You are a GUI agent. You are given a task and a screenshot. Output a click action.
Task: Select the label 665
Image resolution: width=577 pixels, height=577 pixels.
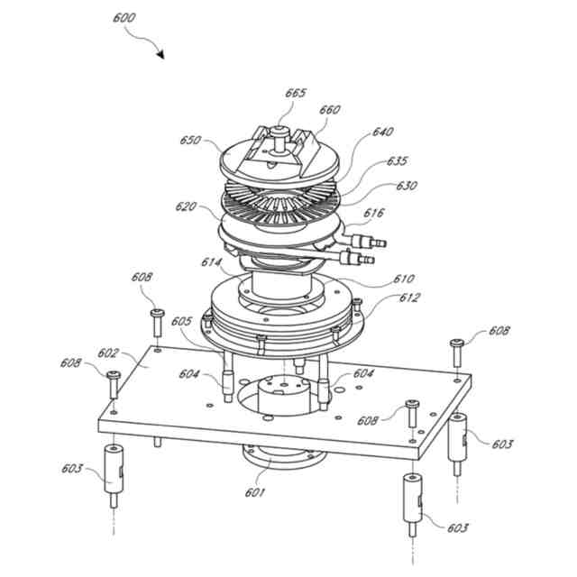[x=296, y=93]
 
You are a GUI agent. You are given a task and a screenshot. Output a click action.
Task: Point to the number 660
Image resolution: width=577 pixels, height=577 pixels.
[x=330, y=110]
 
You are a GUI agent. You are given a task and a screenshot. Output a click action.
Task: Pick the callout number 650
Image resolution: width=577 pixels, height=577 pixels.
[x=190, y=141]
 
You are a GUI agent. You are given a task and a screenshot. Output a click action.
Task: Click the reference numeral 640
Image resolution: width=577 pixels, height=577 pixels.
[x=383, y=133]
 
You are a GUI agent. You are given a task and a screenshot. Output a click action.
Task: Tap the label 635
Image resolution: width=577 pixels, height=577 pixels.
[x=396, y=161]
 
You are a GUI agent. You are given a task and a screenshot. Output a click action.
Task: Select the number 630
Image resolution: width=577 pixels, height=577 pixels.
[x=408, y=186]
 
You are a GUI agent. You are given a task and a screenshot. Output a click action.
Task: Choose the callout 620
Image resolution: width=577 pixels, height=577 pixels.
[x=187, y=206]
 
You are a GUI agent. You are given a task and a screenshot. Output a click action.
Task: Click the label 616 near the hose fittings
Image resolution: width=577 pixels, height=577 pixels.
[x=374, y=213]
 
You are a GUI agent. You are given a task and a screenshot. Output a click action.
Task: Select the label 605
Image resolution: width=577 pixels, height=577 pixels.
[x=181, y=320]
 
